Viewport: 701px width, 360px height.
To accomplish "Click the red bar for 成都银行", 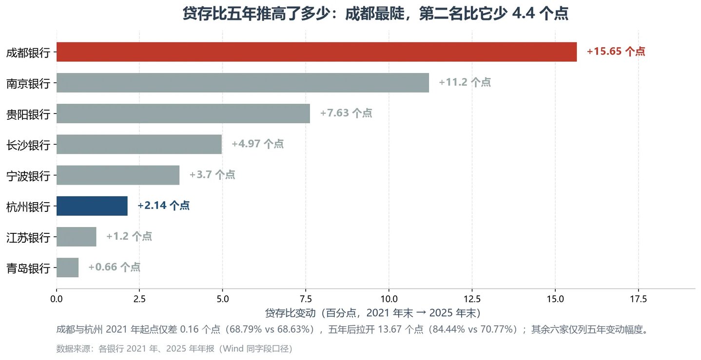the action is click(x=316, y=52).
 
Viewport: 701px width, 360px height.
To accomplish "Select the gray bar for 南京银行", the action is click(x=243, y=83).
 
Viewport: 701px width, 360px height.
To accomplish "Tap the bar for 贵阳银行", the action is click(x=183, y=114).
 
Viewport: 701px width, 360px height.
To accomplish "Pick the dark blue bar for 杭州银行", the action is click(x=92, y=206).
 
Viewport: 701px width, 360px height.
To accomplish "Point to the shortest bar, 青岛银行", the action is click(x=68, y=267).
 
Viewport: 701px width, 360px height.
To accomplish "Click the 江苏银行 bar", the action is click(x=77, y=237).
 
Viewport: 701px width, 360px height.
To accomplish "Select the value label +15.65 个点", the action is click(x=616, y=51).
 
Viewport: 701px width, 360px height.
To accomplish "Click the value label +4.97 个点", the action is click(x=257, y=144).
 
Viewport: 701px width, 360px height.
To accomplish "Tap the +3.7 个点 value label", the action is click(x=212, y=174).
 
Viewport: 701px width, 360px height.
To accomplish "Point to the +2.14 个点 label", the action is click(x=164, y=206).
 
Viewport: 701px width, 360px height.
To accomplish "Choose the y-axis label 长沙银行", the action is click(x=28, y=146).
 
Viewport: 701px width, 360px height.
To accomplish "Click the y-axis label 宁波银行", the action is click(x=28, y=176).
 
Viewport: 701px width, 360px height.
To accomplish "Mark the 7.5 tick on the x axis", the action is click(x=306, y=299).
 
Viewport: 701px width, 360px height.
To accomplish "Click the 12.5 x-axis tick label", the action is click(x=472, y=299).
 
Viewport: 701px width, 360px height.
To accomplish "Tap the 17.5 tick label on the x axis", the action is click(x=639, y=299).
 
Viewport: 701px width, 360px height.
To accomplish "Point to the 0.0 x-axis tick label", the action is click(x=57, y=299).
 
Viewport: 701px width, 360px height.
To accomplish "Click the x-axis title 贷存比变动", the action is click(x=291, y=313).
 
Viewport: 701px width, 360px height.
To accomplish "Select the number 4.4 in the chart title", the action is click(x=523, y=14).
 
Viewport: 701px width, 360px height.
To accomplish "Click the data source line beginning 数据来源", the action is click(x=175, y=349).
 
